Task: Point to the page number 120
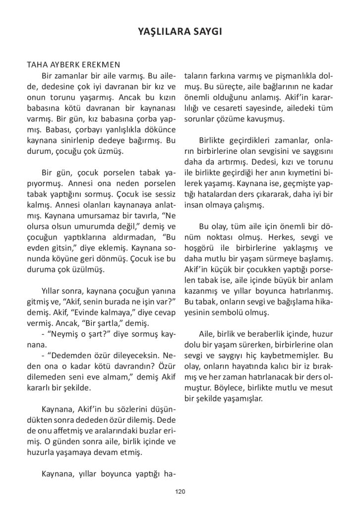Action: tap(180, 492)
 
